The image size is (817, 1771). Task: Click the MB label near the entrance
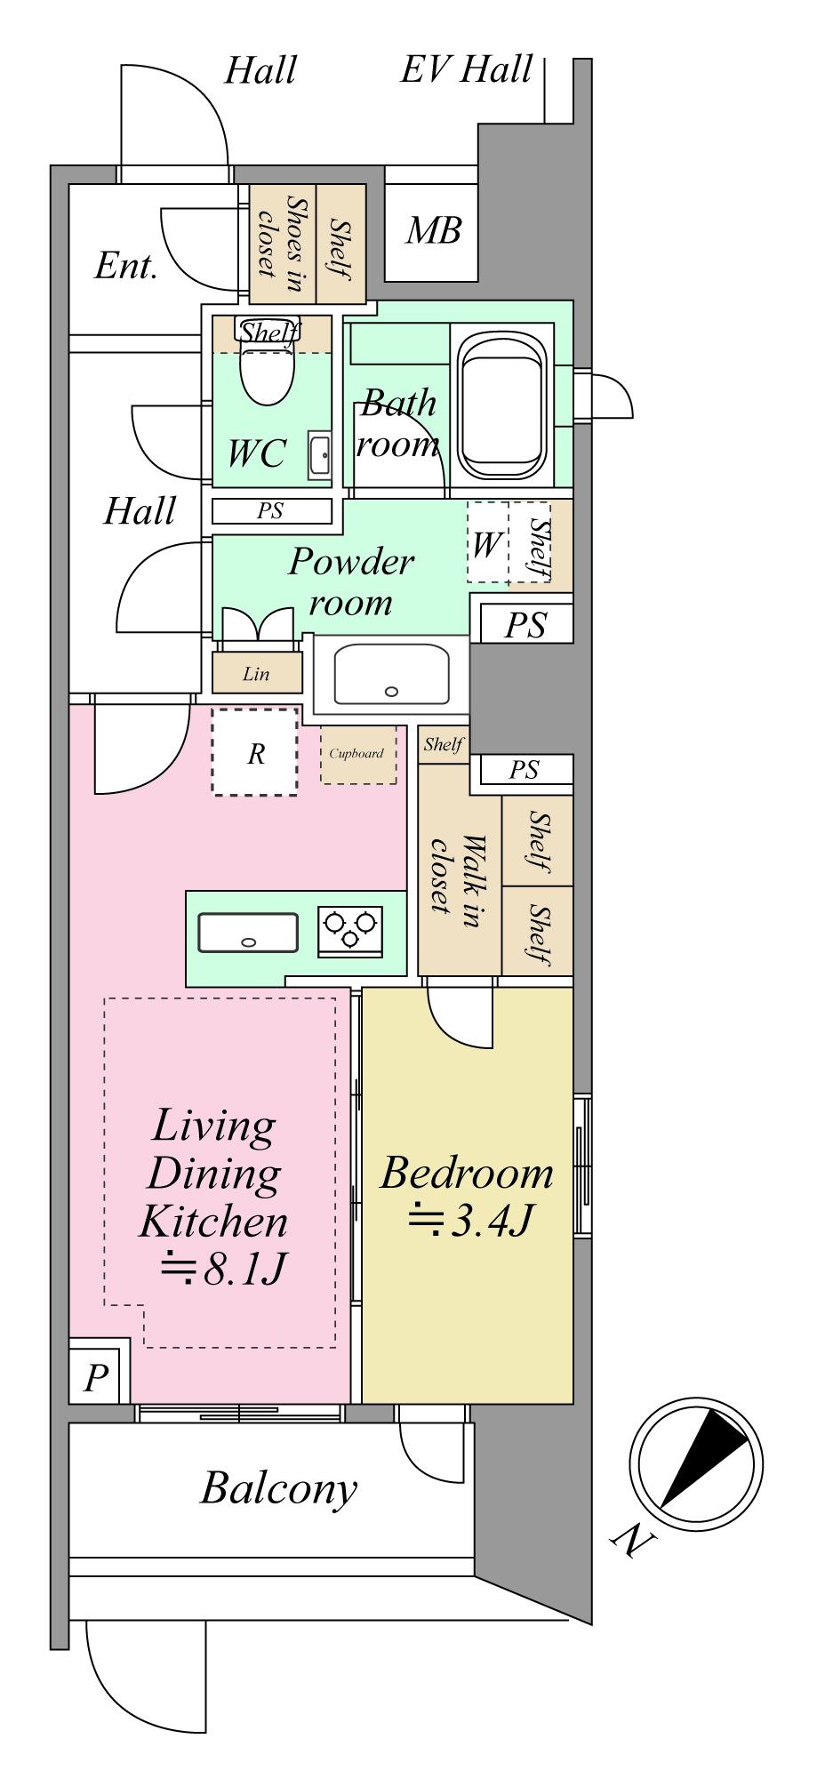434,231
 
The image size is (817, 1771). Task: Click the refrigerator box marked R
254,752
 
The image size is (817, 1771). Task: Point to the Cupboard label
356,753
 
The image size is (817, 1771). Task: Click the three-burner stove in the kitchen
351,932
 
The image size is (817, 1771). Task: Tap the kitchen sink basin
248,933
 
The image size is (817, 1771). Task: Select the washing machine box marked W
487,542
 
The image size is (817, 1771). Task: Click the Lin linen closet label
256,674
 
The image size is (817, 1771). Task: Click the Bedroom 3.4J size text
469,1222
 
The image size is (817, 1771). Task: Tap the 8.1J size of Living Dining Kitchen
221,1270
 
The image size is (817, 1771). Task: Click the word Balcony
278,1488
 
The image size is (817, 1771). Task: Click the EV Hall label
467,69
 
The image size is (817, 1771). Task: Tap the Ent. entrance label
126,266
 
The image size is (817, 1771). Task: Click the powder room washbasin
391,674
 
